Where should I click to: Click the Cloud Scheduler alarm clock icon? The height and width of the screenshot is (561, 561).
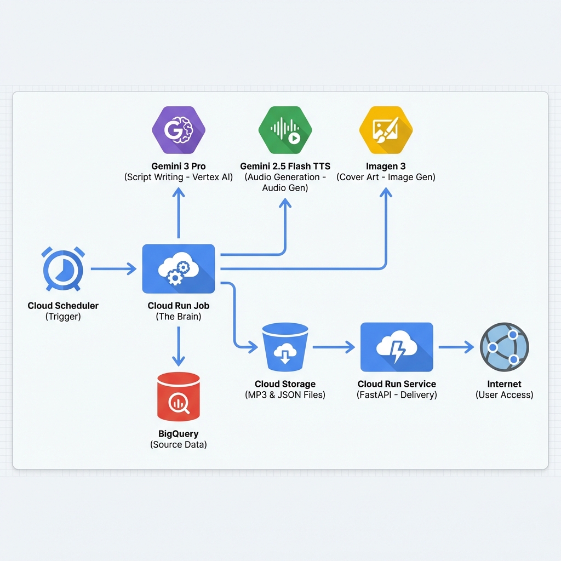[63, 269]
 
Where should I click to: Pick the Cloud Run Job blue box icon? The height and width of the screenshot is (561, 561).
[179, 269]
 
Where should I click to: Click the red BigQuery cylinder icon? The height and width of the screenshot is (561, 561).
[179, 395]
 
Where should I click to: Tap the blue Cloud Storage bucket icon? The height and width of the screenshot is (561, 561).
[285, 347]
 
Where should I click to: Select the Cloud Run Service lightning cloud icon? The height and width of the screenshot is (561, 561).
[397, 347]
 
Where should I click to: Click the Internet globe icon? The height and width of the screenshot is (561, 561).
[504, 347]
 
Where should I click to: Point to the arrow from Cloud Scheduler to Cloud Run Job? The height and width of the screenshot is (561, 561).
[113, 268]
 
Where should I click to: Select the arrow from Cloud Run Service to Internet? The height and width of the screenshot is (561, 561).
[456, 347]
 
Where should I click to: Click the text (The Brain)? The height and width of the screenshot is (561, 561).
[179, 317]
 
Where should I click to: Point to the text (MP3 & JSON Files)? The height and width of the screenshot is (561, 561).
[285, 395]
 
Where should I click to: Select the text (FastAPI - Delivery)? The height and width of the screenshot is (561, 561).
[397, 395]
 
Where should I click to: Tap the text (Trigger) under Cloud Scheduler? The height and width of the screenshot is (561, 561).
[63, 317]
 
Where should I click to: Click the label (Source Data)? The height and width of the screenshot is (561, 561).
[179, 445]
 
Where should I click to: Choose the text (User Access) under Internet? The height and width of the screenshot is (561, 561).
[504, 395]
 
